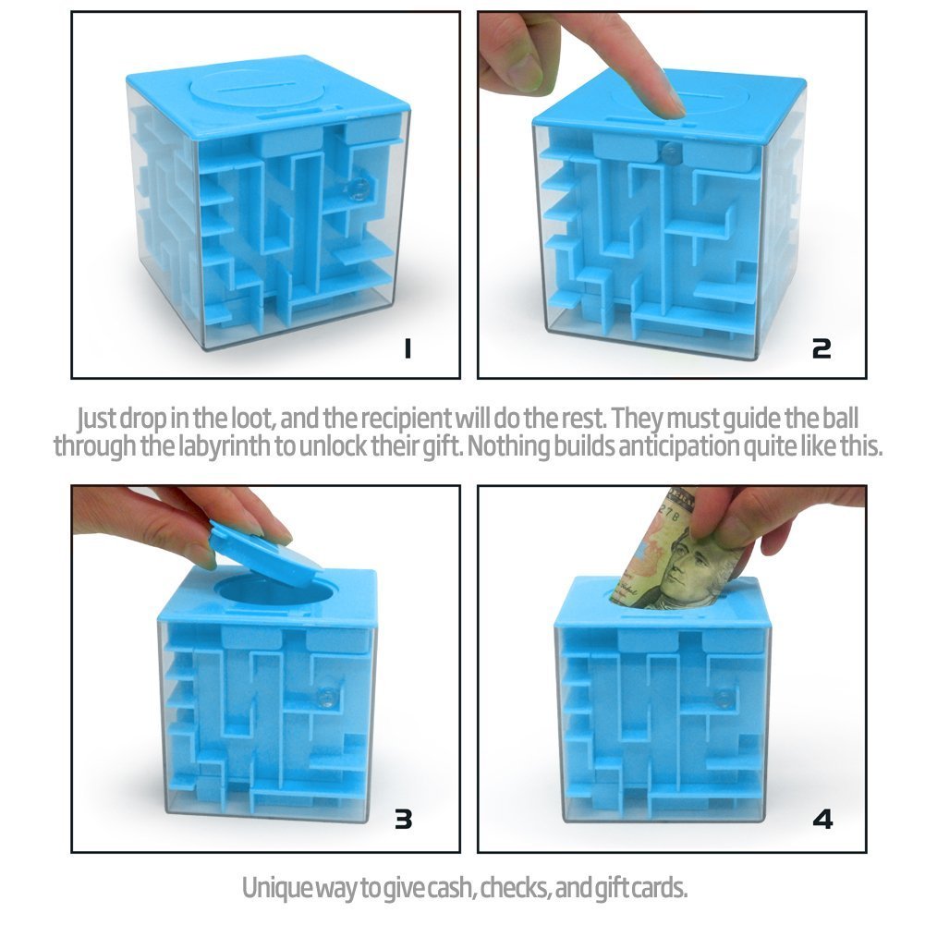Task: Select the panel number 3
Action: click(x=403, y=818)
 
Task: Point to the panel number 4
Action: click(x=822, y=818)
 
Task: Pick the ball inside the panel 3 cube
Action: click(x=324, y=696)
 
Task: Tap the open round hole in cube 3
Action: click(x=268, y=592)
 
